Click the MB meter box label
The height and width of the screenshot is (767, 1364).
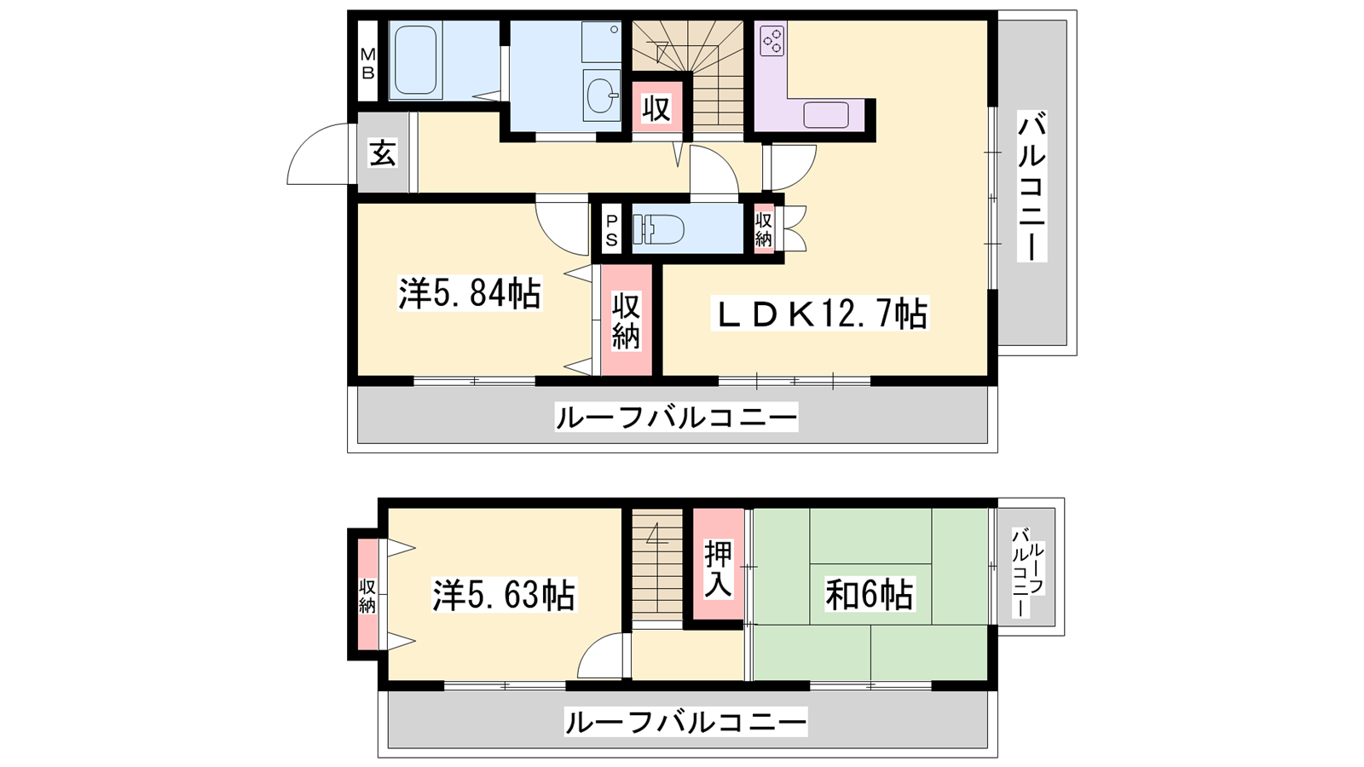[367, 63]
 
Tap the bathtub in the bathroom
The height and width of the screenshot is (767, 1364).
[415, 61]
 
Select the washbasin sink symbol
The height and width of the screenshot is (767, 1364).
[601, 95]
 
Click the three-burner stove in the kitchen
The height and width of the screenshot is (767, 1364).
[772, 38]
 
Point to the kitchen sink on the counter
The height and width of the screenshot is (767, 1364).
[826, 115]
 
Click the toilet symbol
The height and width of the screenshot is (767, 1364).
[657, 229]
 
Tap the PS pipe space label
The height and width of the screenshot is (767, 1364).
[611, 231]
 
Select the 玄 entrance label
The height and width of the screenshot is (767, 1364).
[383, 153]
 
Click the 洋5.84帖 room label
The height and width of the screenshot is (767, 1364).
[470, 293]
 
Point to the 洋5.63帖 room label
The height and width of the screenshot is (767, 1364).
[504, 596]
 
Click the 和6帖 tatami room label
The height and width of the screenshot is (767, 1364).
[869, 595]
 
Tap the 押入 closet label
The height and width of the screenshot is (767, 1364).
[718, 569]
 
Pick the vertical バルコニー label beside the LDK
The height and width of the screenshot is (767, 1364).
[1032, 187]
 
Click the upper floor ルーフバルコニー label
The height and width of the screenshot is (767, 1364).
[676, 418]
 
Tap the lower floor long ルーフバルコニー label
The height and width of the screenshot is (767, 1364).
[685, 722]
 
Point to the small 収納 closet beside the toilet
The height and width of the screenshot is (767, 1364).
[764, 229]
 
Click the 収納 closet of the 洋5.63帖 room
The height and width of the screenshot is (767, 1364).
[367, 596]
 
